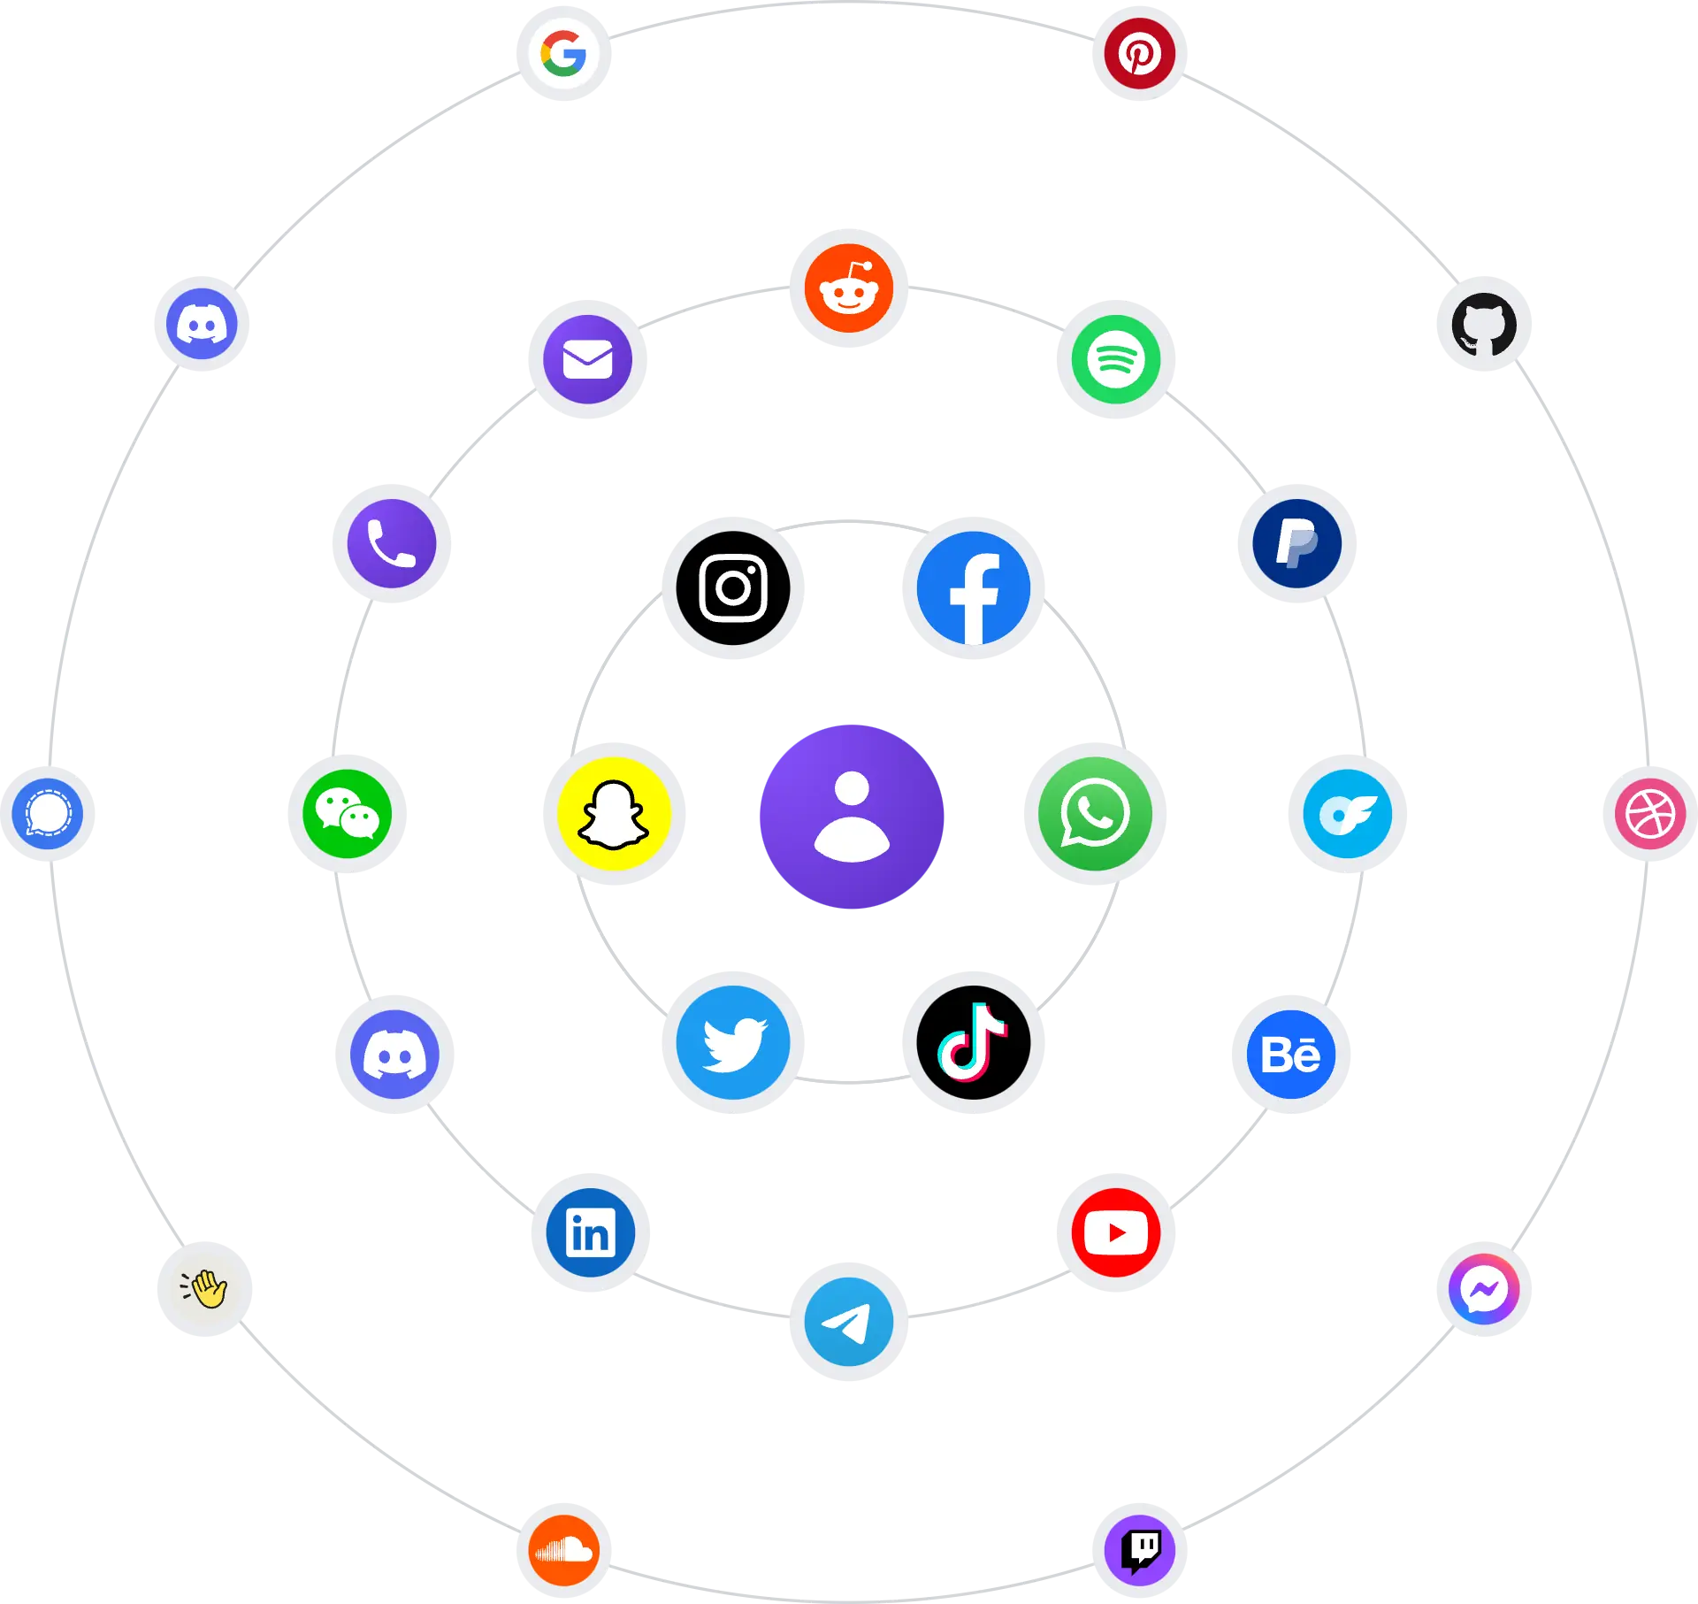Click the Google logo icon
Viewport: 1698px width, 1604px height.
click(564, 53)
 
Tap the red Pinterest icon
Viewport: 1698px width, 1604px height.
click(1139, 53)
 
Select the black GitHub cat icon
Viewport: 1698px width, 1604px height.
click(1484, 325)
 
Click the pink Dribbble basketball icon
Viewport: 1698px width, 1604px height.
click(1650, 814)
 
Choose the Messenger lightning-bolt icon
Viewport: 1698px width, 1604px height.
click(1484, 1289)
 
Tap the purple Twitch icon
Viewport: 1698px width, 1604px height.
click(1140, 1550)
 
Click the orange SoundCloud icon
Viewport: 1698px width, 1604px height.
click(564, 1550)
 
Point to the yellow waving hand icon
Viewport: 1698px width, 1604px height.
click(204, 1289)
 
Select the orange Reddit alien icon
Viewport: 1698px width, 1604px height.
click(849, 288)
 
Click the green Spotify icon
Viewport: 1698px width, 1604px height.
click(1116, 359)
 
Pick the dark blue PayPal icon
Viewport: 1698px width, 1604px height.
click(1297, 543)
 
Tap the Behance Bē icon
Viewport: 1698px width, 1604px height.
click(1291, 1055)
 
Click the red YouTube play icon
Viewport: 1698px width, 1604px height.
click(1116, 1232)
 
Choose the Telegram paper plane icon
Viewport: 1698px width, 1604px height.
click(849, 1322)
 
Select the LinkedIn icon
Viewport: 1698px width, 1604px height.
click(591, 1232)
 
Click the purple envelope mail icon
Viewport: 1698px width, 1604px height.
click(588, 359)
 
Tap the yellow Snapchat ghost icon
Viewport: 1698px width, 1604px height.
click(615, 814)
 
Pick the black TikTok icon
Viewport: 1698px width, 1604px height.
click(974, 1042)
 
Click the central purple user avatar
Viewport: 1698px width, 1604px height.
click(852, 817)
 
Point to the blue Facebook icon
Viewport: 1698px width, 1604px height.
click(974, 588)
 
